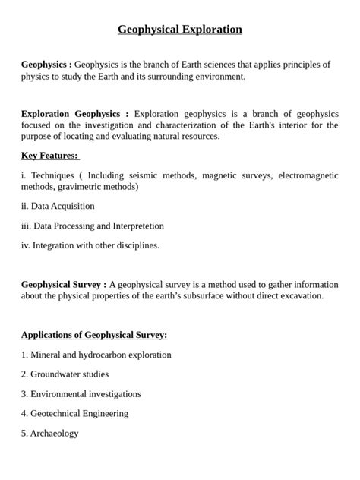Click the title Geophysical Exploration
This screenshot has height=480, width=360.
[x=180, y=30]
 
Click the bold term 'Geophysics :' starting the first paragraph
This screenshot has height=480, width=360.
[x=46, y=65]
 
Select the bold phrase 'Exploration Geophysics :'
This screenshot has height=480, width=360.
[x=74, y=113]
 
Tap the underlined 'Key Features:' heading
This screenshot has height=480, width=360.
[x=49, y=156]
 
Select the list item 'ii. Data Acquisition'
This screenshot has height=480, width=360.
[x=58, y=206]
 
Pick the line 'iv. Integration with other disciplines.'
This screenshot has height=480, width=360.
[x=90, y=245]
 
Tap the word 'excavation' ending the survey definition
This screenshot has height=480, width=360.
[x=301, y=295]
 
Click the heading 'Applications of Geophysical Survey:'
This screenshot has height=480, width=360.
[x=94, y=335]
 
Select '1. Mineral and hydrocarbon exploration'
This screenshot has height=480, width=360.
[x=96, y=355]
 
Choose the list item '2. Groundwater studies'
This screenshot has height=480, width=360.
[x=65, y=374]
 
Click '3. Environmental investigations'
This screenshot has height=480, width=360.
[x=81, y=394]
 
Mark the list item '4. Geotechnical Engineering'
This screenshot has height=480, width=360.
[x=74, y=414]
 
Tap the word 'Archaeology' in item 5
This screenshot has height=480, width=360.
[x=55, y=434]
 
